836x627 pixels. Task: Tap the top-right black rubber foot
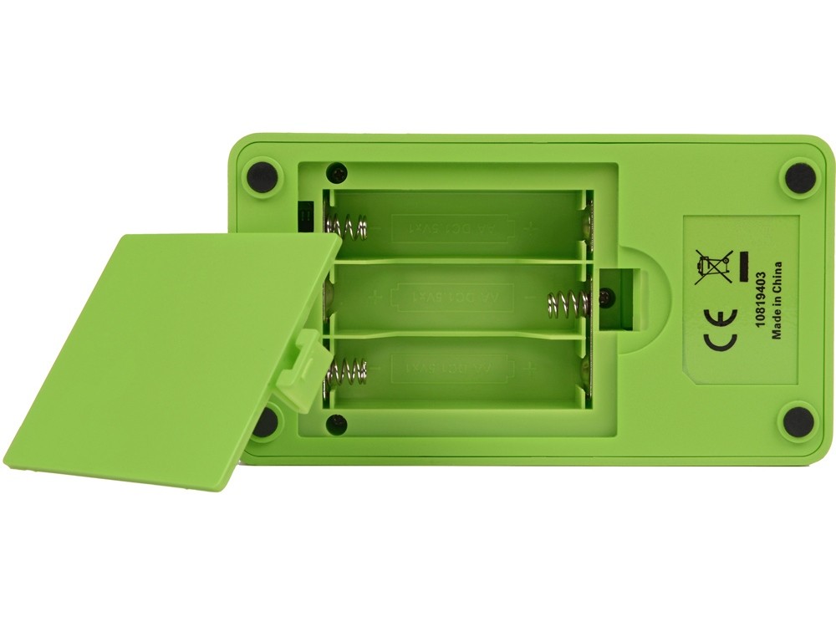tap(797, 176)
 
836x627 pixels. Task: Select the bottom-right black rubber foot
tap(797, 416)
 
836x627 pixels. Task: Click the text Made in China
tap(777, 302)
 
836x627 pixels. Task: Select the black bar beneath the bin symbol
tap(740, 268)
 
